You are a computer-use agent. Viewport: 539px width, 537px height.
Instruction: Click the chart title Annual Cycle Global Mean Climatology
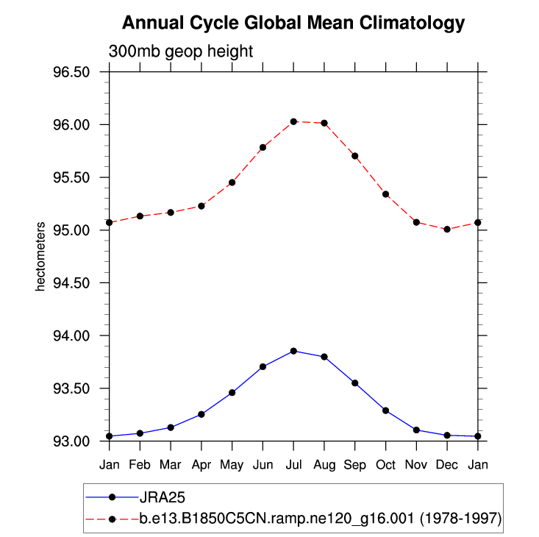tap(293, 24)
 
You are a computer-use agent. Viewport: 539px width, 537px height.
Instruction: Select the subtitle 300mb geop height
tap(181, 52)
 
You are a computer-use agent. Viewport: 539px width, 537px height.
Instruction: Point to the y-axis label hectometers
tap(41, 256)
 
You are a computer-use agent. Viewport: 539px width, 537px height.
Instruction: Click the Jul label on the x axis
tap(293, 465)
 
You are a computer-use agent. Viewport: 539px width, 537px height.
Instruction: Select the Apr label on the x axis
tap(201, 465)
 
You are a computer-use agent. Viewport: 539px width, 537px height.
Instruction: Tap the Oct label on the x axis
tap(386, 465)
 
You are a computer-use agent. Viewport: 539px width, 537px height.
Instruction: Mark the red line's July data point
tap(293, 121)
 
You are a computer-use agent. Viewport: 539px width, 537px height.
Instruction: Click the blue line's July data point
tap(293, 351)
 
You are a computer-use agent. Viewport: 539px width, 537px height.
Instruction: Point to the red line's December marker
tap(448, 230)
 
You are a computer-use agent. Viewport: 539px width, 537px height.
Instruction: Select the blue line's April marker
tap(201, 414)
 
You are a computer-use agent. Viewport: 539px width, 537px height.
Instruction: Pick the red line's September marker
tap(355, 156)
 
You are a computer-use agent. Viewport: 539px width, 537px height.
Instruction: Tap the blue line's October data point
tap(386, 410)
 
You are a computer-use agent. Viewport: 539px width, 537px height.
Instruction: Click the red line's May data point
tap(232, 182)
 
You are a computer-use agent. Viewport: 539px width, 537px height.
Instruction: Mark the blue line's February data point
tap(140, 433)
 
